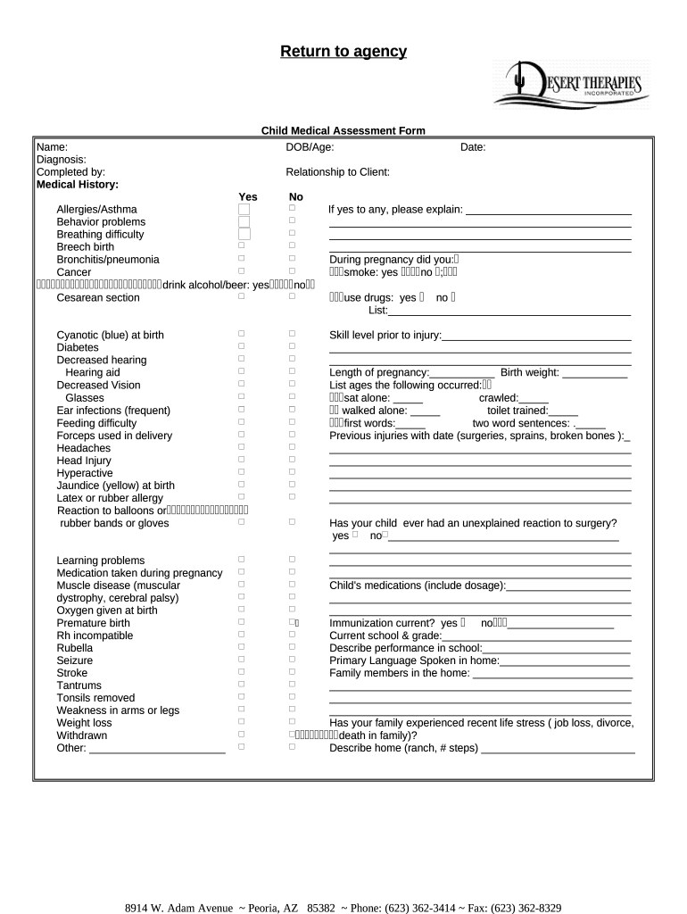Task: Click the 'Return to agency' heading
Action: (x=343, y=52)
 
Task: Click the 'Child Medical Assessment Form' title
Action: (x=343, y=131)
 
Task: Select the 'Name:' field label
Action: (x=52, y=147)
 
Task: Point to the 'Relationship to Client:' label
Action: (x=337, y=172)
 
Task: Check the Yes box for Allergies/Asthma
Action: (x=244, y=209)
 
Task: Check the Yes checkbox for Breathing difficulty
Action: (x=244, y=234)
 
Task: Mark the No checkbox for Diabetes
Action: (x=292, y=345)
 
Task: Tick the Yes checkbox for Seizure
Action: (x=241, y=659)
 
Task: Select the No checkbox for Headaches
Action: (x=292, y=445)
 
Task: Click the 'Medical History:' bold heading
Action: (x=77, y=185)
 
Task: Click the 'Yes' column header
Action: (x=247, y=197)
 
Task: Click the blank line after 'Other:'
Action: (x=157, y=749)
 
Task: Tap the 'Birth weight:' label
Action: (x=530, y=372)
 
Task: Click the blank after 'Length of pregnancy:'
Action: (x=462, y=373)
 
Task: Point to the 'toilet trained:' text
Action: (x=517, y=411)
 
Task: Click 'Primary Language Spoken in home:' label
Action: (x=414, y=661)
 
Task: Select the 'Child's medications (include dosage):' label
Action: (x=418, y=586)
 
